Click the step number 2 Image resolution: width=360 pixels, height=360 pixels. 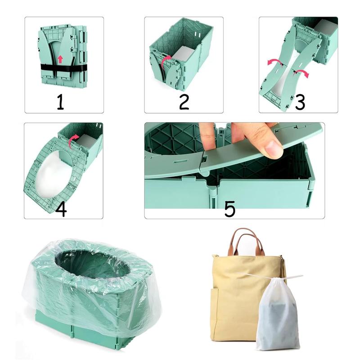pos(183,102)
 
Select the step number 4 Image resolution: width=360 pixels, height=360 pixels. pos(61,208)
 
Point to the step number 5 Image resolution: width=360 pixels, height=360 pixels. pos(229,208)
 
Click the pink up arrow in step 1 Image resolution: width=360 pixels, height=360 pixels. pos(60,59)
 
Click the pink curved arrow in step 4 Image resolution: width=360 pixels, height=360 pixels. pos(72,142)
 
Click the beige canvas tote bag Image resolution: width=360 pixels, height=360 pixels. pos(234,297)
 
